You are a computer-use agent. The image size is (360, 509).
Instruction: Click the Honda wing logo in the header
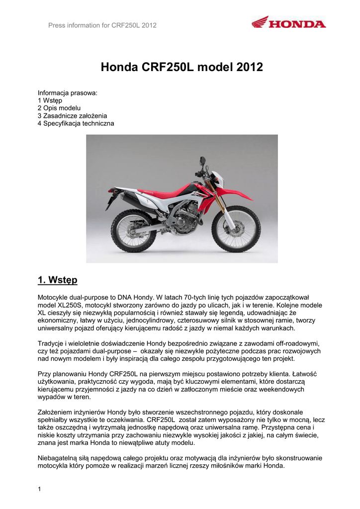[x=260, y=22]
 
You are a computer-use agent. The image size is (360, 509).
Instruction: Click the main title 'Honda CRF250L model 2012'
[x=181, y=67]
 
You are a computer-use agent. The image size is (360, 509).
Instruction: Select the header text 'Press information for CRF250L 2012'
[x=102, y=26]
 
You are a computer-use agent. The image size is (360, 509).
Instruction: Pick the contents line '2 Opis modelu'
[x=59, y=108]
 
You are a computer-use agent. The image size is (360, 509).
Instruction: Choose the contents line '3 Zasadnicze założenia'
[x=73, y=115]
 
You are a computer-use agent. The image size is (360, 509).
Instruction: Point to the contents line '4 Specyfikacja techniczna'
[x=76, y=123]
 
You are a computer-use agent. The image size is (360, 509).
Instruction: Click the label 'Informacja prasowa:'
[x=67, y=93]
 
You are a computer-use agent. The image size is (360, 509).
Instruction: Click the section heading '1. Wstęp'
[x=58, y=280]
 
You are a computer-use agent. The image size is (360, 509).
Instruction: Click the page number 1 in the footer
[x=39, y=489]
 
